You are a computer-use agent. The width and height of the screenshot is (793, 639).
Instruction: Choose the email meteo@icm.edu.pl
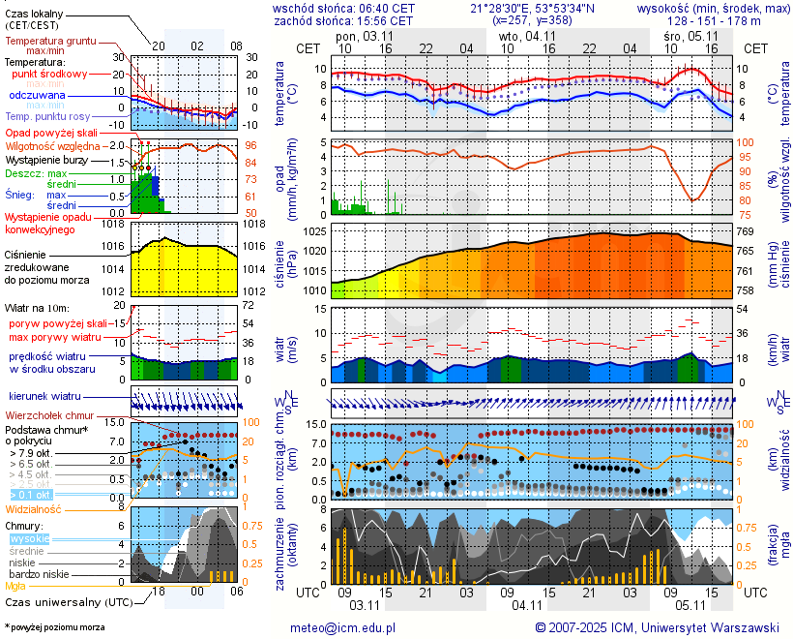[343, 627]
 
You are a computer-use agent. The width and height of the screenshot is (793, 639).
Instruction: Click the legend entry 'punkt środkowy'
[49, 74]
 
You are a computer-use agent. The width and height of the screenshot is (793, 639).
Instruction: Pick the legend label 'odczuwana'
[37, 96]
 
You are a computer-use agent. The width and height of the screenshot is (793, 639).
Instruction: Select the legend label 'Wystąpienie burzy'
[45, 159]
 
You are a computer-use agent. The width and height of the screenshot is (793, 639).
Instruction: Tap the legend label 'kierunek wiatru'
[44, 396]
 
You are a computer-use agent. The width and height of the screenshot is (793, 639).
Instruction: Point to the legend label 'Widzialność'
[34, 508]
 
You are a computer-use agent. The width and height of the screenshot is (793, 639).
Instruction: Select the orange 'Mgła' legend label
[15, 586]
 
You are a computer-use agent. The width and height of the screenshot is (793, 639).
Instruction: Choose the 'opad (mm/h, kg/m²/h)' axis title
[285, 179]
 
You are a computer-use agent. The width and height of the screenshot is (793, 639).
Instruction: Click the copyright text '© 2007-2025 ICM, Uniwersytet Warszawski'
[658, 627]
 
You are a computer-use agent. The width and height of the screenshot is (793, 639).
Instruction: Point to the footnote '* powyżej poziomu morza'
[55, 627]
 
